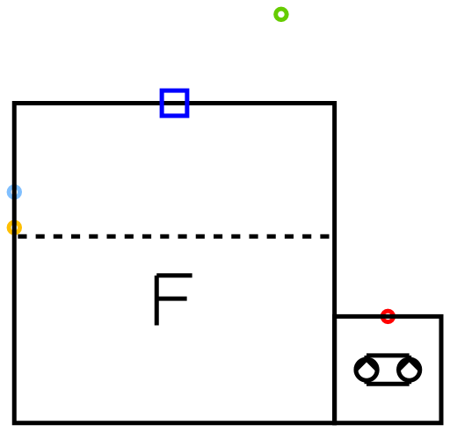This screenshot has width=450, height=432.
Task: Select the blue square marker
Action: click(x=174, y=90)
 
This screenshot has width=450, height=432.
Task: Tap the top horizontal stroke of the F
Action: click(x=173, y=276)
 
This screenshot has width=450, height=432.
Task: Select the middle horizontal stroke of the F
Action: click(x=171, y=299)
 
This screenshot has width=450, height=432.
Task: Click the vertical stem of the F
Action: click(x=156, y=299)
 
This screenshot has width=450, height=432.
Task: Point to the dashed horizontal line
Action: click(x=173, y=236)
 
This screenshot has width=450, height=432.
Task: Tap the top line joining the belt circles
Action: click(x=388, y=356)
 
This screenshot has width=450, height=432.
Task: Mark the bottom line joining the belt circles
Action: click(x=388, y=384)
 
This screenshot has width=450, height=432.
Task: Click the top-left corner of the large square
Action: click(x=14, y=103)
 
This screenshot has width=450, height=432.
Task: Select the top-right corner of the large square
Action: click(x=335, y=103)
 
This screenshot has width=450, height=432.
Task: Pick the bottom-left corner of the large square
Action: click(x=14, y=423)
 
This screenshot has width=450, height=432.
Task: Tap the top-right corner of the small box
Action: click(x=441, y=316)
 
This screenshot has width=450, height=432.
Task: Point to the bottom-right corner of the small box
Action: click(x=441, y=423)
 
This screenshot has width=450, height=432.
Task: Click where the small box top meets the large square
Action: click(x=335, y=316)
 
